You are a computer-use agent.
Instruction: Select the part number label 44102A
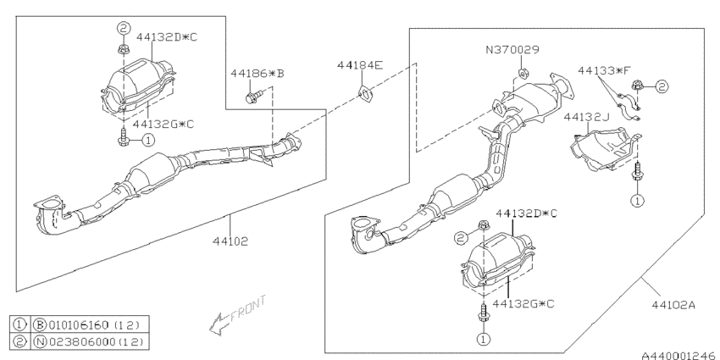click(x=673, y=310)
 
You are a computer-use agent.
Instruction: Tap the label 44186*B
click(x=257, y=75)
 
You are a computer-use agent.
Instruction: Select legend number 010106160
click(x=81, y=324)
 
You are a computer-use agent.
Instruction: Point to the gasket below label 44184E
click(x=364, y=93)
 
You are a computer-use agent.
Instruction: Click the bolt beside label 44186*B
click(x=252, y=98)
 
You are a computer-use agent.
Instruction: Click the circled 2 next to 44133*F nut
click(x=662, y=86)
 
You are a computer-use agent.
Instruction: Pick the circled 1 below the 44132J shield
click(x=636, y=202)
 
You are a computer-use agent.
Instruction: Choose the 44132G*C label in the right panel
click(x=524, y=302)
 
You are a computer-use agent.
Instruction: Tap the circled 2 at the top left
click(x=122, y=28)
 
